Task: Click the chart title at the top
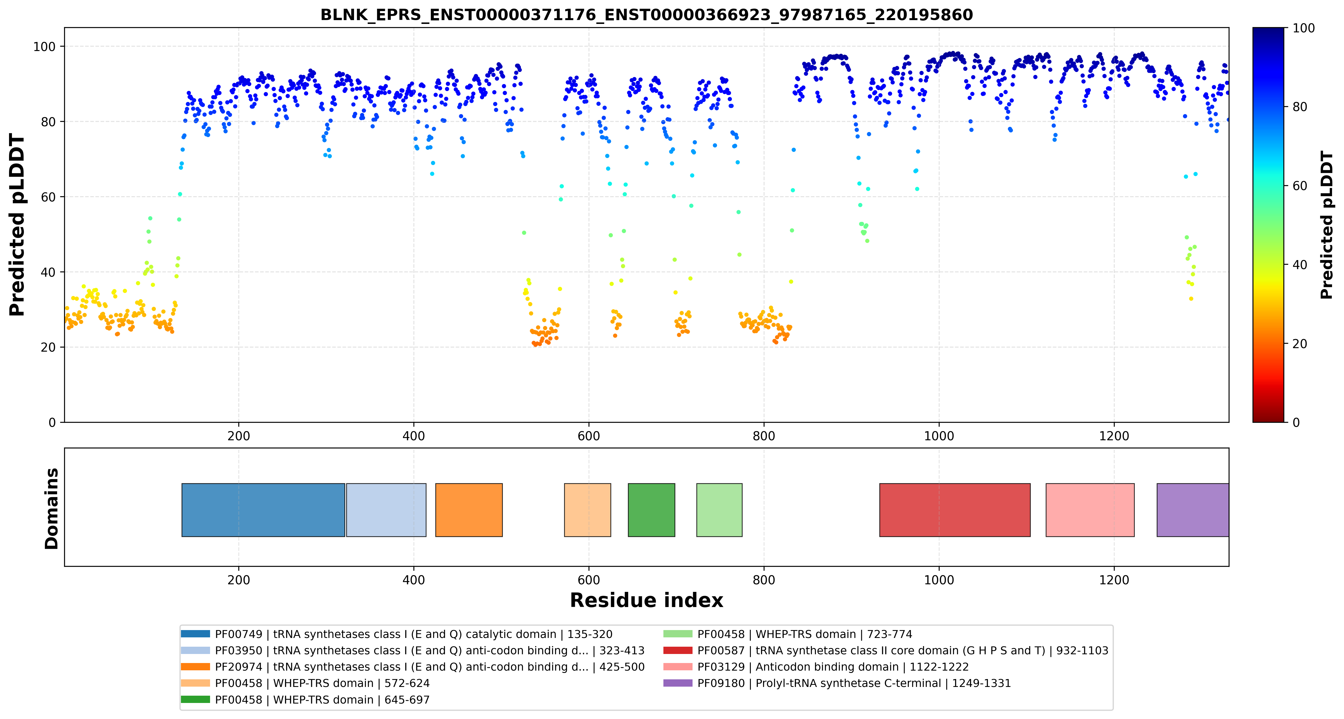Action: pos(647,15)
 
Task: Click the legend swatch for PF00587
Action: pos(678,650)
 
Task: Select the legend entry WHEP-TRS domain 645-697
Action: pos(322,700)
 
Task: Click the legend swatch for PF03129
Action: pos(678,667)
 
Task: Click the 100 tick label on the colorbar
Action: pos(1303,28)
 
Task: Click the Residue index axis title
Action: pos(647,600)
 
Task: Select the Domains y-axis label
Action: pos(52,508)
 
